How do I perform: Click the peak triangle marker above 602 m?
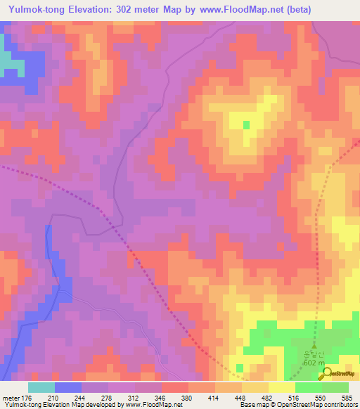pos(314,347)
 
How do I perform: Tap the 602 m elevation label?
pos(310,363)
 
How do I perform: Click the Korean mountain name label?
pos(310,355)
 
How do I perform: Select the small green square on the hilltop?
pos(246,125)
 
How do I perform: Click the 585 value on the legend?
pos(346,397)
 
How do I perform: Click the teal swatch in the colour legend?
pos(41,387)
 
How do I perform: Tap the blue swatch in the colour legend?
pos(67,387)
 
